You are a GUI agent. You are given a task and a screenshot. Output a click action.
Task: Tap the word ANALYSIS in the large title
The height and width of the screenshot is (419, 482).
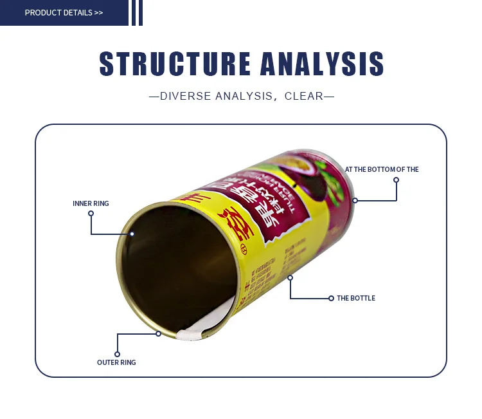click(x=322, y=64)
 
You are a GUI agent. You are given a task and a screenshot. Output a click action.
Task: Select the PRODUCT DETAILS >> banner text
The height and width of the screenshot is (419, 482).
click(x=64, y=13)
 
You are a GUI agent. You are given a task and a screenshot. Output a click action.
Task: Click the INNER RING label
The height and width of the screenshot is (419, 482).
click(x=91, y=203)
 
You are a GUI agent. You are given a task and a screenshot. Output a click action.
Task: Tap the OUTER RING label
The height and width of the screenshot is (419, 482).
click(x=116, y=362)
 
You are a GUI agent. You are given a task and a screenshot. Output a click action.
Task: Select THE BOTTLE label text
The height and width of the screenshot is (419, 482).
click(x=356, y=298)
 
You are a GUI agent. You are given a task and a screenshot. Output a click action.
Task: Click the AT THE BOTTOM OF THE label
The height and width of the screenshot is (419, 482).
click(x=382, y=169)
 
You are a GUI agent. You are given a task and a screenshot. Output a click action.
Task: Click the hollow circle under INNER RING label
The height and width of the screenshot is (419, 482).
click(x=91, y=213)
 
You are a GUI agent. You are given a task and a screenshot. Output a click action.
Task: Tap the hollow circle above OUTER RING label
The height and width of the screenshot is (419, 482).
click(x=117, y=353)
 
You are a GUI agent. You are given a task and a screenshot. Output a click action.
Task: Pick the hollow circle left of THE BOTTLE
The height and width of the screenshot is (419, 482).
click(x=331, y=298)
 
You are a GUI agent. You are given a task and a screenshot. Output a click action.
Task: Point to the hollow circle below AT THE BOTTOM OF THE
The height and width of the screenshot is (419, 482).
click(x=397, y=180)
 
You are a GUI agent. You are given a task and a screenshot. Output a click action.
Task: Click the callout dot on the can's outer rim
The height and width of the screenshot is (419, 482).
click(x=158, y=333)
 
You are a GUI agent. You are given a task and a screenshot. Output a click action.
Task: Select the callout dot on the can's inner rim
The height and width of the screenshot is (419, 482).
click(x=132, y=234)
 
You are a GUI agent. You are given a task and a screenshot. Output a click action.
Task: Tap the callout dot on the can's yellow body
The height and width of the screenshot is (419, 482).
click(x=290, y=277)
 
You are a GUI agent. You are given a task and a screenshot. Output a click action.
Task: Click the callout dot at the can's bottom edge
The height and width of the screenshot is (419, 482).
click(x=355, y=200)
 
